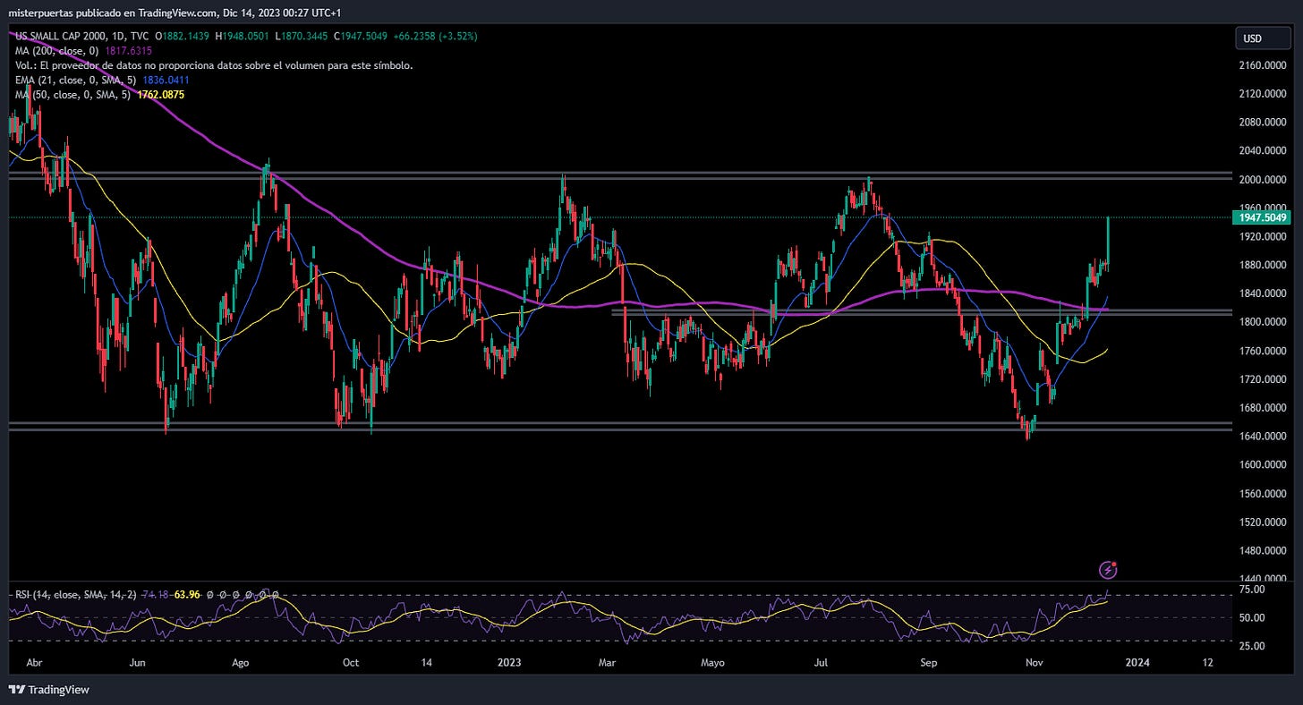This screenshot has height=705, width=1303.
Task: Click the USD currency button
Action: coord(1263,38)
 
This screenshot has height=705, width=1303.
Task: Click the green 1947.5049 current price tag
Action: coord(1262,217)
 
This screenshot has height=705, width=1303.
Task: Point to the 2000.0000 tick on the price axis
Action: coord(1262,180)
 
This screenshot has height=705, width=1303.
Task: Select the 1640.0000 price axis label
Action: coord(1262,437)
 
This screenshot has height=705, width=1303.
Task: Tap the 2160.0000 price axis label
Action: coord(1262,65)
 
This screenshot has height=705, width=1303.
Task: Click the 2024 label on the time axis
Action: coord(1137,663)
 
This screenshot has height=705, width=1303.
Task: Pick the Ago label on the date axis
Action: coord(240,663)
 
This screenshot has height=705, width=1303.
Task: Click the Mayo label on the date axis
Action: coord(712,663)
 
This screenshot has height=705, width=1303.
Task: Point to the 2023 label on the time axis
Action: coord(509,663)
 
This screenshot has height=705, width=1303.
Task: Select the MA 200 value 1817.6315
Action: coord(128,51)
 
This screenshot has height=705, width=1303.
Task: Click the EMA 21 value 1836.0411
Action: coord(166,81)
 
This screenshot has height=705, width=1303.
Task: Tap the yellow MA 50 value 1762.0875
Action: coord(160,95)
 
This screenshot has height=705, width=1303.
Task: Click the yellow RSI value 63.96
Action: coord(187,594)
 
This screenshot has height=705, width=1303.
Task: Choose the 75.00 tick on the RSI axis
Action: coord(1252,590)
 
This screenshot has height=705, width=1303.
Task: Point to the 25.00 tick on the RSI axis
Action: coord(1252,646)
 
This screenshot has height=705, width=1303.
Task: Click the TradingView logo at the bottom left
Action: coord(49,690)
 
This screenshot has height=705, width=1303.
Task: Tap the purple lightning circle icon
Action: coord(1108,570)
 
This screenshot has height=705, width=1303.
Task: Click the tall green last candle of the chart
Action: coord(1108,242)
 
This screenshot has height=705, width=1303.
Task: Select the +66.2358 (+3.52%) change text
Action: coord(435,36)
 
